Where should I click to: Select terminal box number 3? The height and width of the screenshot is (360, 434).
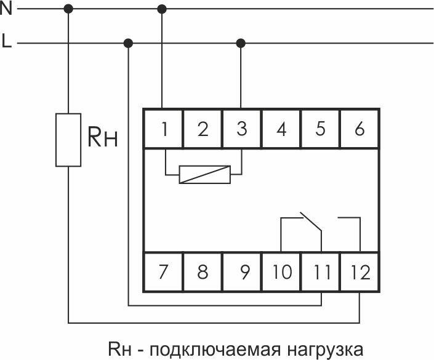241,129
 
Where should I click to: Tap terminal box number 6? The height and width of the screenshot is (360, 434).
360,129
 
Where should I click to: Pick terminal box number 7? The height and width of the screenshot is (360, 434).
163,271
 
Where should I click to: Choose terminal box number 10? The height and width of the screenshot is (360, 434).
281,271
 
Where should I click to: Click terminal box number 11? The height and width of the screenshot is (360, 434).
321,271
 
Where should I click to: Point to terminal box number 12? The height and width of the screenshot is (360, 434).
360,271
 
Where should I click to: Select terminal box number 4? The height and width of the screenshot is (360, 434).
281,129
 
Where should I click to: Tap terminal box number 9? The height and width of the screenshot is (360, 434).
242,271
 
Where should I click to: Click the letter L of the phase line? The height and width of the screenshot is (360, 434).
6,43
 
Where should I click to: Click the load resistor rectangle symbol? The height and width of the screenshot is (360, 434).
68,140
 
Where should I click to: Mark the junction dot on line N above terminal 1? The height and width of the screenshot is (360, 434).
163,9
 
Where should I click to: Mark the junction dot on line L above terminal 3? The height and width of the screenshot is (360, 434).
241,43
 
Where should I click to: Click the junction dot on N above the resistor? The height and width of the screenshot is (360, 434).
68,9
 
